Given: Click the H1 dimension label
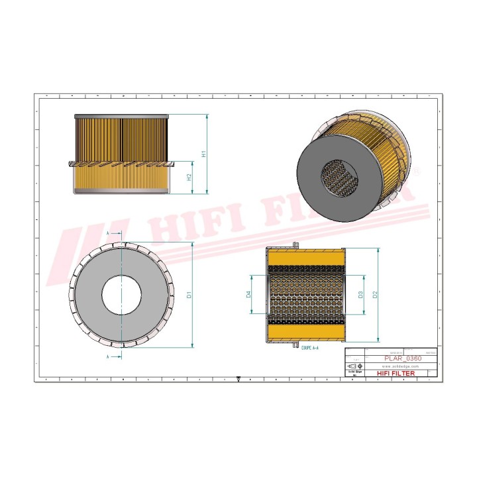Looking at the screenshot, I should (205, 154).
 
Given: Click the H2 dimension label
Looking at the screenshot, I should (189, 177).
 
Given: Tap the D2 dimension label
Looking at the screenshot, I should (375, 294).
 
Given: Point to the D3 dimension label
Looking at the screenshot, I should (360, 294).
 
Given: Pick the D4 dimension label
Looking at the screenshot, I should (248, 294).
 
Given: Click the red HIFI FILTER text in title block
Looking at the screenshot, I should (396, 374).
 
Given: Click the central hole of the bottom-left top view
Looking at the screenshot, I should (121, 294).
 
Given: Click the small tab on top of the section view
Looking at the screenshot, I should (294, 246).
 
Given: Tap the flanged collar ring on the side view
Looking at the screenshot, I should (121, 163).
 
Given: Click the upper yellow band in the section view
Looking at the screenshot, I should (306, 259).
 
